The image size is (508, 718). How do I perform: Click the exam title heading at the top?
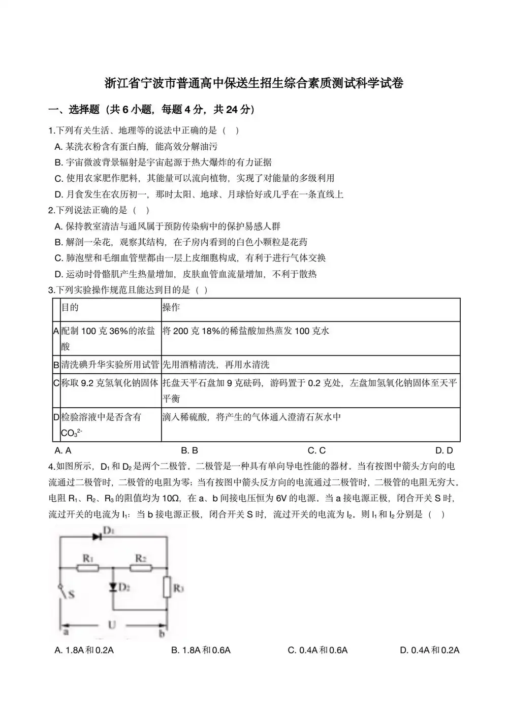tap(254, 83)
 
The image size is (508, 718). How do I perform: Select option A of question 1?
tap(136, 147)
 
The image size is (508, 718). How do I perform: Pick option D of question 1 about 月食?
tap(199, 194)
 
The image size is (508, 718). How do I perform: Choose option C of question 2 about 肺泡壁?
tap(190, 258)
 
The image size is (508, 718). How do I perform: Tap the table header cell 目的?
tap(70, 308)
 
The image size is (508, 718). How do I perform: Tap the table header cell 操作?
tap(171, 308)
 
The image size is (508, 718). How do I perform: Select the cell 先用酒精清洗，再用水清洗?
tap(216, 365)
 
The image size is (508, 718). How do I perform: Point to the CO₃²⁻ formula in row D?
tap(72, 433)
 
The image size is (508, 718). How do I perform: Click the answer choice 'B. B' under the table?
tap(189, 450)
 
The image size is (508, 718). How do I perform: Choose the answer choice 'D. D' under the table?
tap(444, 450)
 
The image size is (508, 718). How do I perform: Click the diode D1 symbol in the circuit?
tap(97, 537)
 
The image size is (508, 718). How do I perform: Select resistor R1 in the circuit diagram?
tap(87, 568)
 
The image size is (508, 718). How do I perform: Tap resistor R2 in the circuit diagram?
tap(140, 568)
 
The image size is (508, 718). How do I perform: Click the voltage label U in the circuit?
tap(112, 625)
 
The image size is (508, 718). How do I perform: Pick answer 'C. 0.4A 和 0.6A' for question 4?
tap(317, 650)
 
